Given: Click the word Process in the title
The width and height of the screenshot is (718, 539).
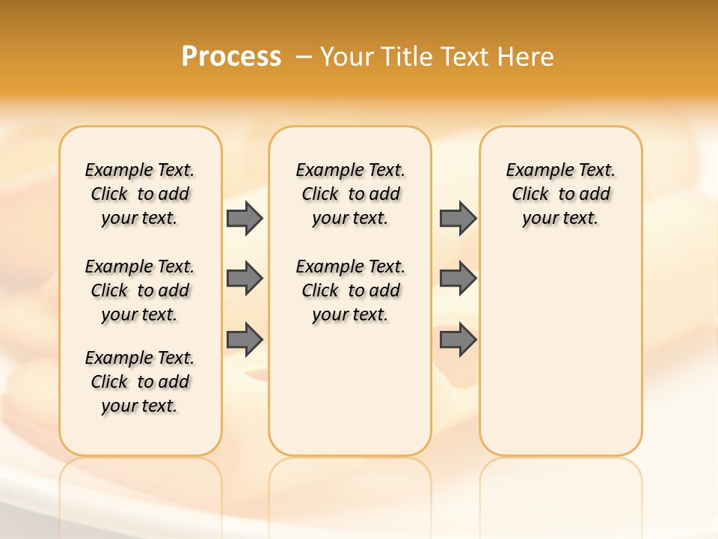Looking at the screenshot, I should [231, 57].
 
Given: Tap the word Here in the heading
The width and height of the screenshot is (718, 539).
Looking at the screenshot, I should [527, 57].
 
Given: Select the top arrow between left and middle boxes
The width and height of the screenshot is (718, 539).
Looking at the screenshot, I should [244, 219].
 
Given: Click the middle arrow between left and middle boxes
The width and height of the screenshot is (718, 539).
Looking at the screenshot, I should [244, 278].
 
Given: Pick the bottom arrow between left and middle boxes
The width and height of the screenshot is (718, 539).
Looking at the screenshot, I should [244, 340].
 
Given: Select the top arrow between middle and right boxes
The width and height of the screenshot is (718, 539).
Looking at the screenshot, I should [457, 219].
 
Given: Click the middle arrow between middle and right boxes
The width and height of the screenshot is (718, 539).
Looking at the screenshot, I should [457, 278].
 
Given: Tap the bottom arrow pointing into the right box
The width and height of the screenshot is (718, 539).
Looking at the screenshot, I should [457, 340].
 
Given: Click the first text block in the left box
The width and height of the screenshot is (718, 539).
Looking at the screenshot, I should [140, 194].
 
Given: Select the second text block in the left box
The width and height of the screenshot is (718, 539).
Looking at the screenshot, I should [140, 290].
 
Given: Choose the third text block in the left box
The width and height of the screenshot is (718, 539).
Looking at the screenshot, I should [140, 382].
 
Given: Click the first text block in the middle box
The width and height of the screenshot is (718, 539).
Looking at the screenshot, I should [350, 194].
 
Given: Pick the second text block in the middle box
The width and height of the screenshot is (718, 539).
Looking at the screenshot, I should [350, 290].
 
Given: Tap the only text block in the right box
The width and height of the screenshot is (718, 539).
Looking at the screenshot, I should [560, 194].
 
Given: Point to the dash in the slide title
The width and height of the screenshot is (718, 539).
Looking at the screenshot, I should [304, 57].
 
